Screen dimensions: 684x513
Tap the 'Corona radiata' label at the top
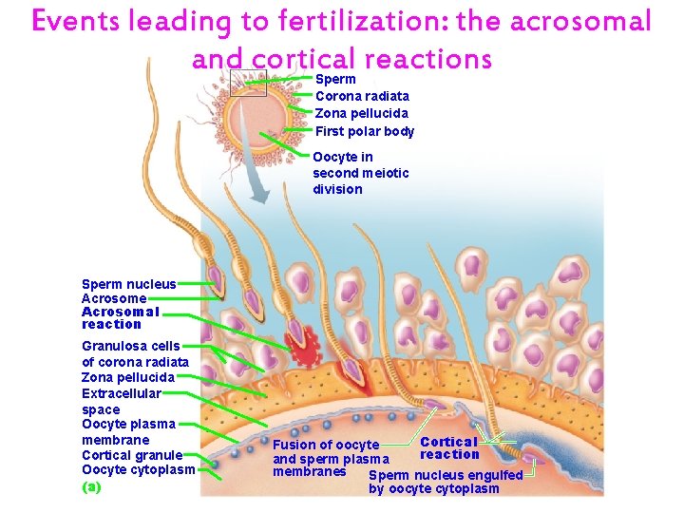coord(362,96)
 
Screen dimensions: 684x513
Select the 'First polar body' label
coord(364,131)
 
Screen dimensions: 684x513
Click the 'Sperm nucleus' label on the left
coord(128,284)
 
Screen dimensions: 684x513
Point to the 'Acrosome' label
coord(114,298)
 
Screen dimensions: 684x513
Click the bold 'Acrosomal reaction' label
coord(120,317)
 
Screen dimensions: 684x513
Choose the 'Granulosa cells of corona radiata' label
coord(135,353)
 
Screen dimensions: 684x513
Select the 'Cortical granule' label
coord(132,455)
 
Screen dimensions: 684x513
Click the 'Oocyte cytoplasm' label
coord(138,469)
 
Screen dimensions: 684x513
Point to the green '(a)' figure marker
coord(91,486)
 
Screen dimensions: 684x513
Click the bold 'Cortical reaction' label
coord(448,447)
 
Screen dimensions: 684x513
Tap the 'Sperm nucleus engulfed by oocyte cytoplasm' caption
coord(445,482)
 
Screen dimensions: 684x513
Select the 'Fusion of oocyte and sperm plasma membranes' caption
coord(325,458)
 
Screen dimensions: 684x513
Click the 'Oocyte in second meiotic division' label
coord(360,173)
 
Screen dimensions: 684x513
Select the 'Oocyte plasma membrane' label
coord(128,431)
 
